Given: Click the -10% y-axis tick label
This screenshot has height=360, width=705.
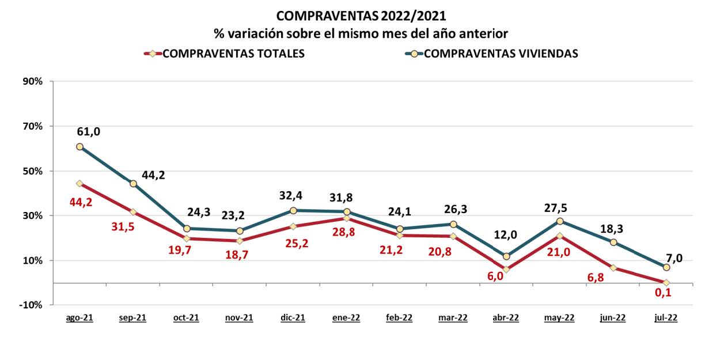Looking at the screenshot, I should (32, 305).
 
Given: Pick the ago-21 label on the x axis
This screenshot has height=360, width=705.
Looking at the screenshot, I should (79, 318).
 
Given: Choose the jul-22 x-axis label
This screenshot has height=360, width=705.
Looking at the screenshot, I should (666, 318).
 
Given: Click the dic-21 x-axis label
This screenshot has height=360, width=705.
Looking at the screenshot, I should (293, 318).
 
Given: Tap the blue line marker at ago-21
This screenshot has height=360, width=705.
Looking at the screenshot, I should (79, 146).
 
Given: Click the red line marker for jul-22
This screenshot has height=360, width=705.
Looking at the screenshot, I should (666, 283).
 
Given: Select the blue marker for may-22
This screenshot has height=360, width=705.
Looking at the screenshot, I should (559, 221).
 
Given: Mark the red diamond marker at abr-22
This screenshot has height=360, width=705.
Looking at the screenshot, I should (506, 269).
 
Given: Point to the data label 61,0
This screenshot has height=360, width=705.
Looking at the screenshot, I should (88, 131).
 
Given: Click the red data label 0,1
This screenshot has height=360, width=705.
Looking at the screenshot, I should (663, 293).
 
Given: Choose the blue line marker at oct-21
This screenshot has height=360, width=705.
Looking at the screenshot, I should (187, 229).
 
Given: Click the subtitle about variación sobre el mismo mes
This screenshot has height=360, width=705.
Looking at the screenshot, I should (361, 33).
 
